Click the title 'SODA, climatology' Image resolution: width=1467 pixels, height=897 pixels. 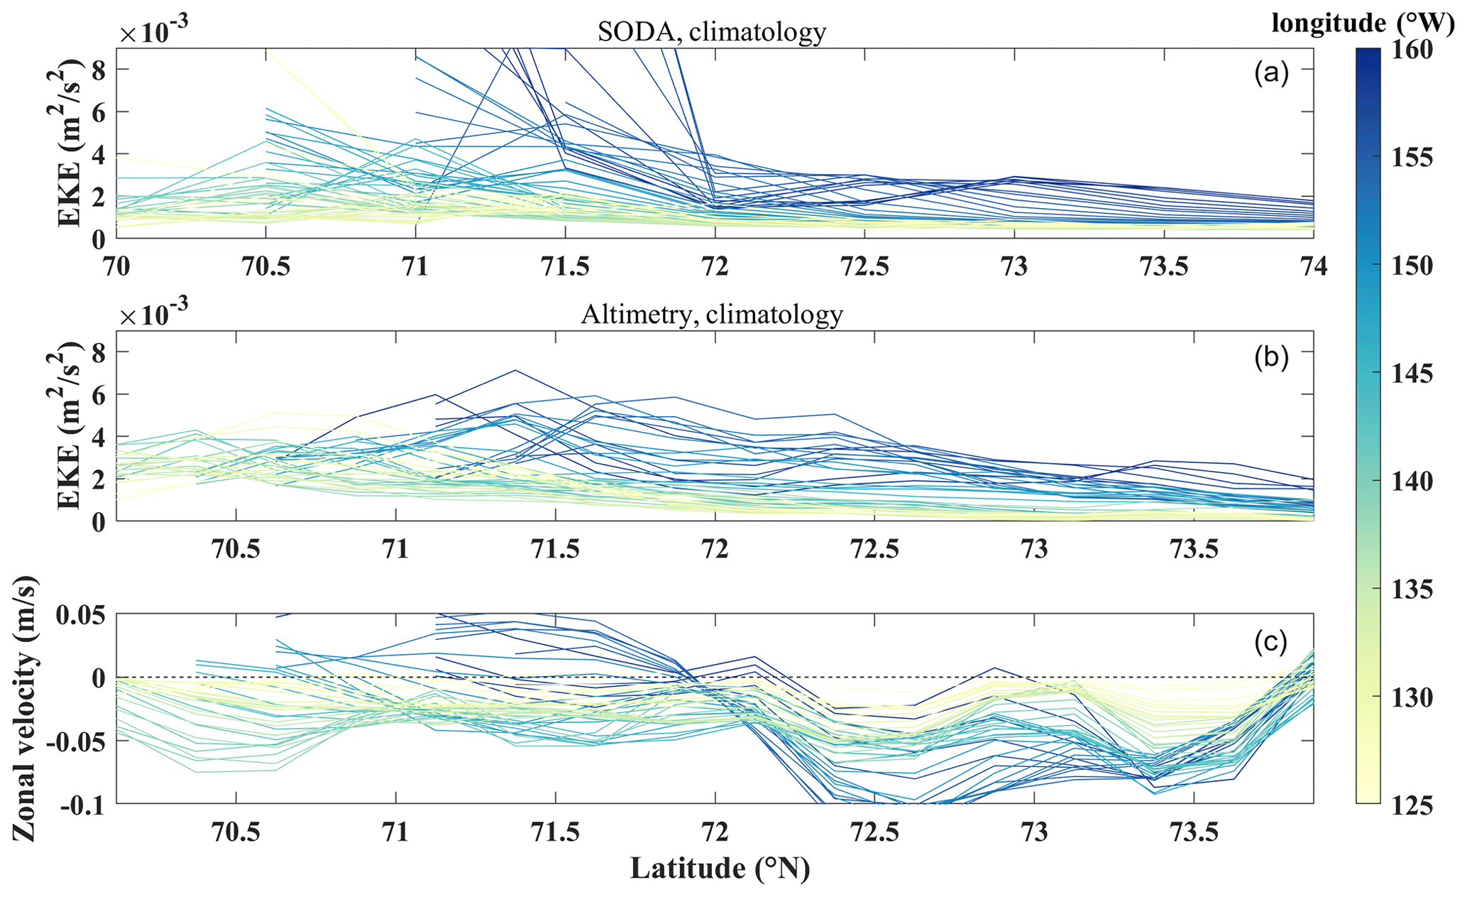click(712, 32)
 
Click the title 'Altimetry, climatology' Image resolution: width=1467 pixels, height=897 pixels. click(712, 314)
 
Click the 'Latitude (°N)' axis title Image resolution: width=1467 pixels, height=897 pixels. click(720, 868)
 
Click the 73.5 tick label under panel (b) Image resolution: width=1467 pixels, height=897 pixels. click(1194, 549)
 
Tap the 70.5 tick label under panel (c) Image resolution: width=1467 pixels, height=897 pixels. click(236, 832)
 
